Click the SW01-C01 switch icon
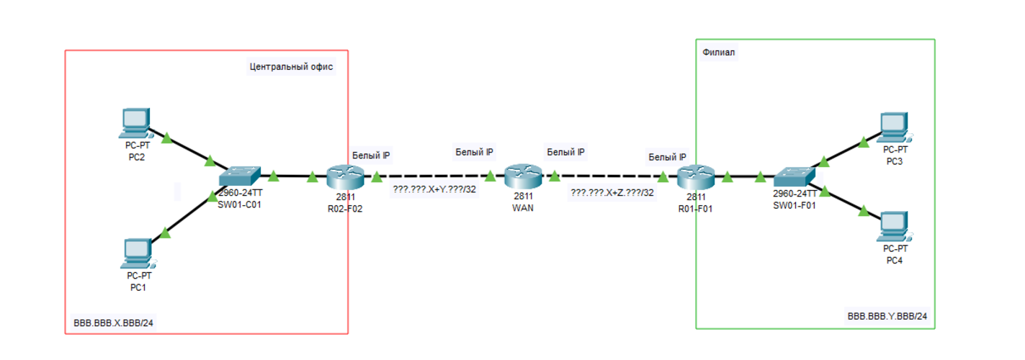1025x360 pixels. tap(240, 176)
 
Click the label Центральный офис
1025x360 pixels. tap(291, 67)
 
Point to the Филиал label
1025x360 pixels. tap(719, 53)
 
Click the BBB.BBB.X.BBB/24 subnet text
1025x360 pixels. tap(114, 323)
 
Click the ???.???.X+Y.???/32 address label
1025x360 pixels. tap(434, 191)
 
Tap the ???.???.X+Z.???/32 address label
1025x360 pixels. tap(612, 192)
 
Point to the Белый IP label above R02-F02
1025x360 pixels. tap(371, 156)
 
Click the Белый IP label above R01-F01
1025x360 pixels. tap(667, 157)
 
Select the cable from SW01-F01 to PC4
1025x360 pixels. tap(843, 201)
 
